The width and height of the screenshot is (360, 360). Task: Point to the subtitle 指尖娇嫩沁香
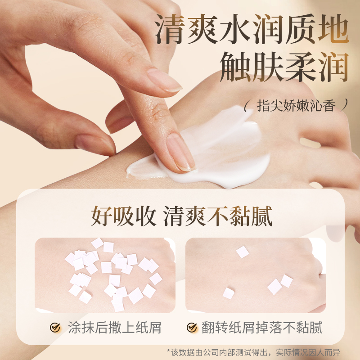pos(296,106)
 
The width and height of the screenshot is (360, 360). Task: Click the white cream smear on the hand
pos(225,148)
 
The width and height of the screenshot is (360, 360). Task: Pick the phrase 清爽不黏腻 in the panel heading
pos(218,216)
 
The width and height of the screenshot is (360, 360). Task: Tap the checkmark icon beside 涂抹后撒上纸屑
pos(55,328)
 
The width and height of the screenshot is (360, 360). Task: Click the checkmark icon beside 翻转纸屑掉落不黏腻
pos(192,328)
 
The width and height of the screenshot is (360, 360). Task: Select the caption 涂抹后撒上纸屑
pos(115,328)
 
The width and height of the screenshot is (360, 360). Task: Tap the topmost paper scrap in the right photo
pos(243,252)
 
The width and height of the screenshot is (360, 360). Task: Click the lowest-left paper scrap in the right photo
pos(229,293)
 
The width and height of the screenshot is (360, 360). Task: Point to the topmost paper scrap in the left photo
pos(97,243)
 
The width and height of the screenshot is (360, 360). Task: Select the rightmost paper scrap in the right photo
pos(287,281)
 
